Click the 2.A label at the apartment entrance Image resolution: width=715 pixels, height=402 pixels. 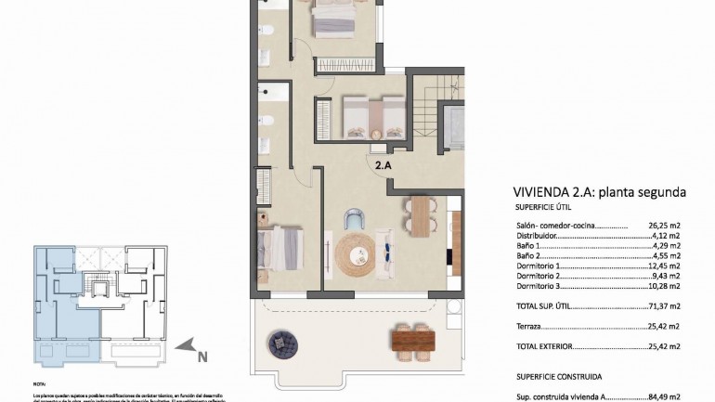[x=383, y=165]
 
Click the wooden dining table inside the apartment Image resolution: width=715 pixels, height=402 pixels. [x=421, y=217]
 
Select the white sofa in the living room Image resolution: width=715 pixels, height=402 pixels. [x=386, y=253]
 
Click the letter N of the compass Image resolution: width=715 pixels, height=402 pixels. [x=202, y=354]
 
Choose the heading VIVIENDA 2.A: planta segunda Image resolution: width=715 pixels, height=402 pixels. [x=599, y=193]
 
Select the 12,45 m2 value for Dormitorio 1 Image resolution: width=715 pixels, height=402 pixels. [x=665, y=266]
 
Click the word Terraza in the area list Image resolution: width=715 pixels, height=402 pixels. [x=528, y=326]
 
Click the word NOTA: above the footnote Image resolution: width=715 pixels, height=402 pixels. [x=39, y=383]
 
